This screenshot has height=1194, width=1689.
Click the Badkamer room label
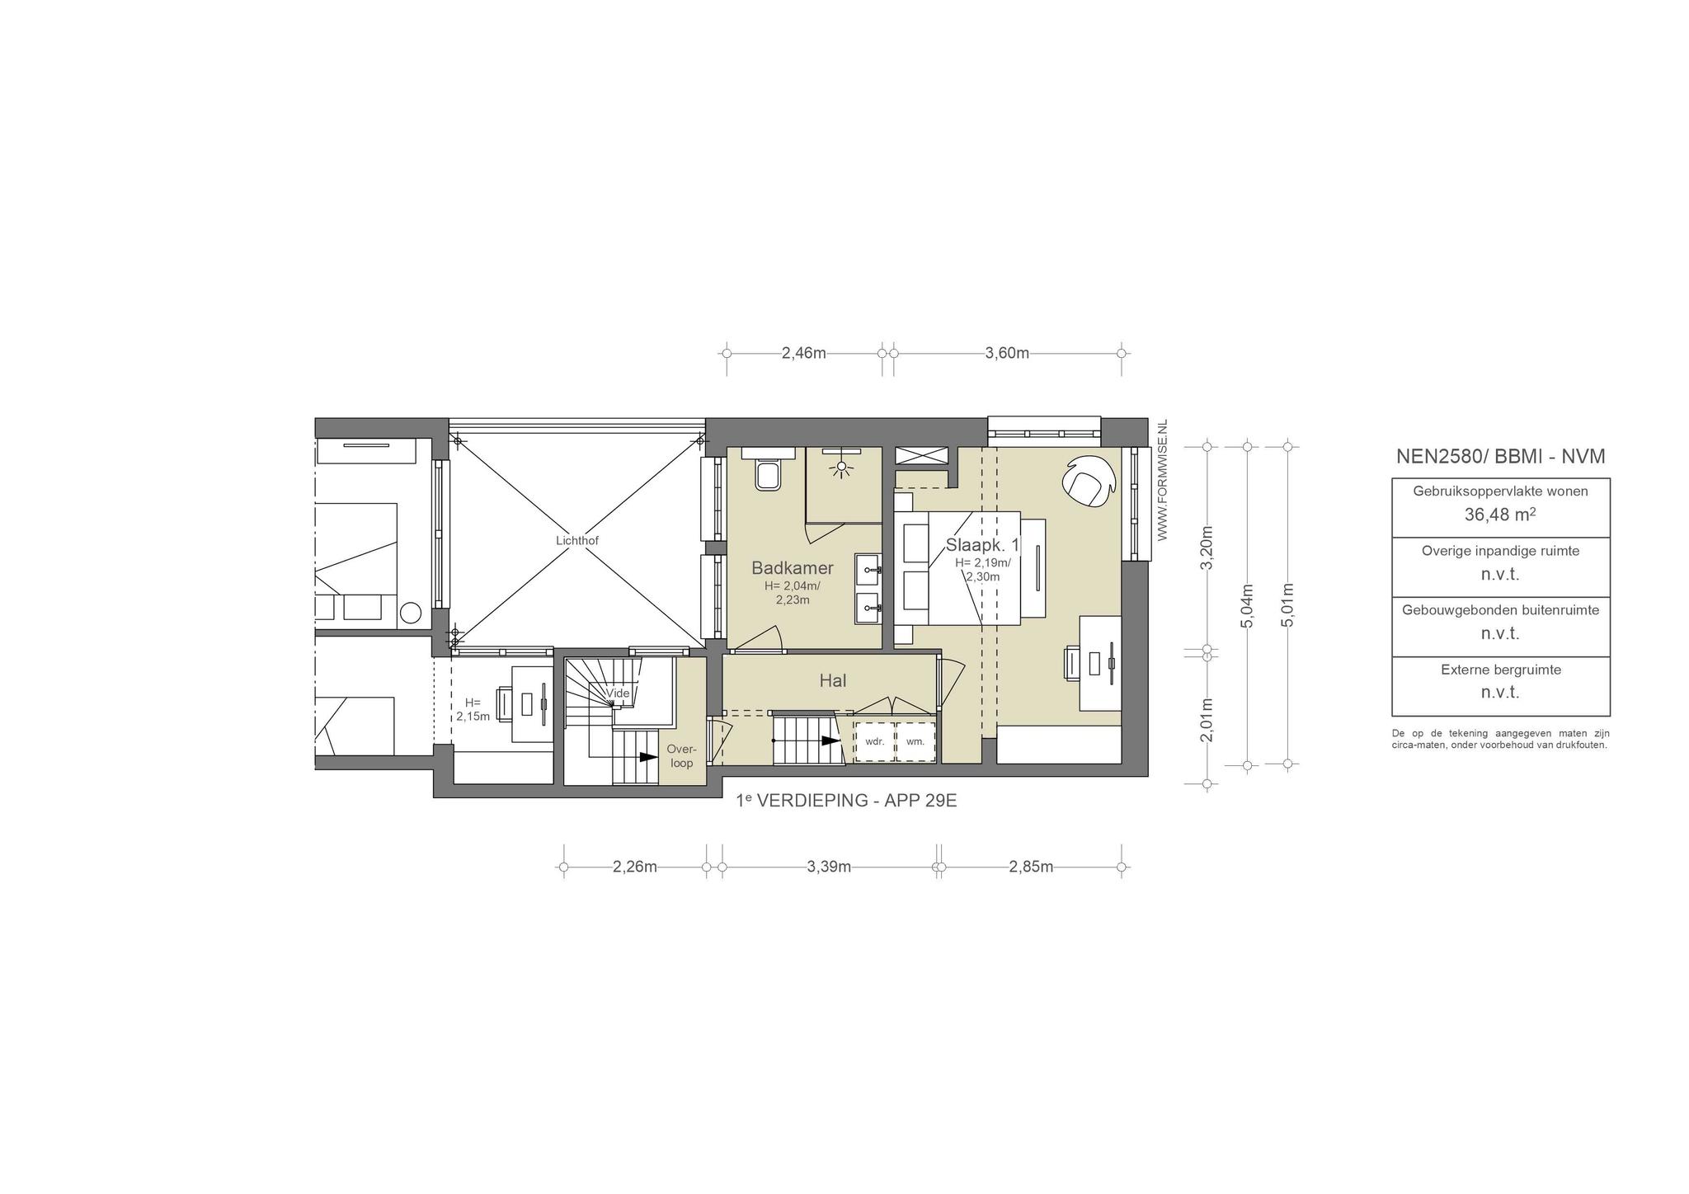[792, 567]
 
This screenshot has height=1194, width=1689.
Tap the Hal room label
[832, 680]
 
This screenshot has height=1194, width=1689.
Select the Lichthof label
[577, 541]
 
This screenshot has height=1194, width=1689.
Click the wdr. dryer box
[874, 741]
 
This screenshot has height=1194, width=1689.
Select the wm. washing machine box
[915, 741]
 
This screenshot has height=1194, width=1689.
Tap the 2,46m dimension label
[803, 353]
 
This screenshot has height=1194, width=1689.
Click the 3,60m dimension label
[1007, 353]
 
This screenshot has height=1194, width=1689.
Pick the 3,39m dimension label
[829, 867]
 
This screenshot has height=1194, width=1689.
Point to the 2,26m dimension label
[635, 867]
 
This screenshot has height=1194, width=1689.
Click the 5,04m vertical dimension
[1247, 606]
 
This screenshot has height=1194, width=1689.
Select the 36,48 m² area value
[1500, 515]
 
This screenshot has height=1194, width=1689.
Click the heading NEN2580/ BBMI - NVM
[1500, 456]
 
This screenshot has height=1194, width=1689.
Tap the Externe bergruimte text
[1501, 670]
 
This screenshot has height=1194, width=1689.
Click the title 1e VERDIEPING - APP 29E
[846, 801]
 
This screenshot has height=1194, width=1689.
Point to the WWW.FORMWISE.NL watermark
[1163, 480]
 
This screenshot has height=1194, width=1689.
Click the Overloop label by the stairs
[682, 756]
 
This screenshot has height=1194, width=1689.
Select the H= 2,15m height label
[473, 709]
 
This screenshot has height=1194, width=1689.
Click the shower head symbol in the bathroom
[842, 467]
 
